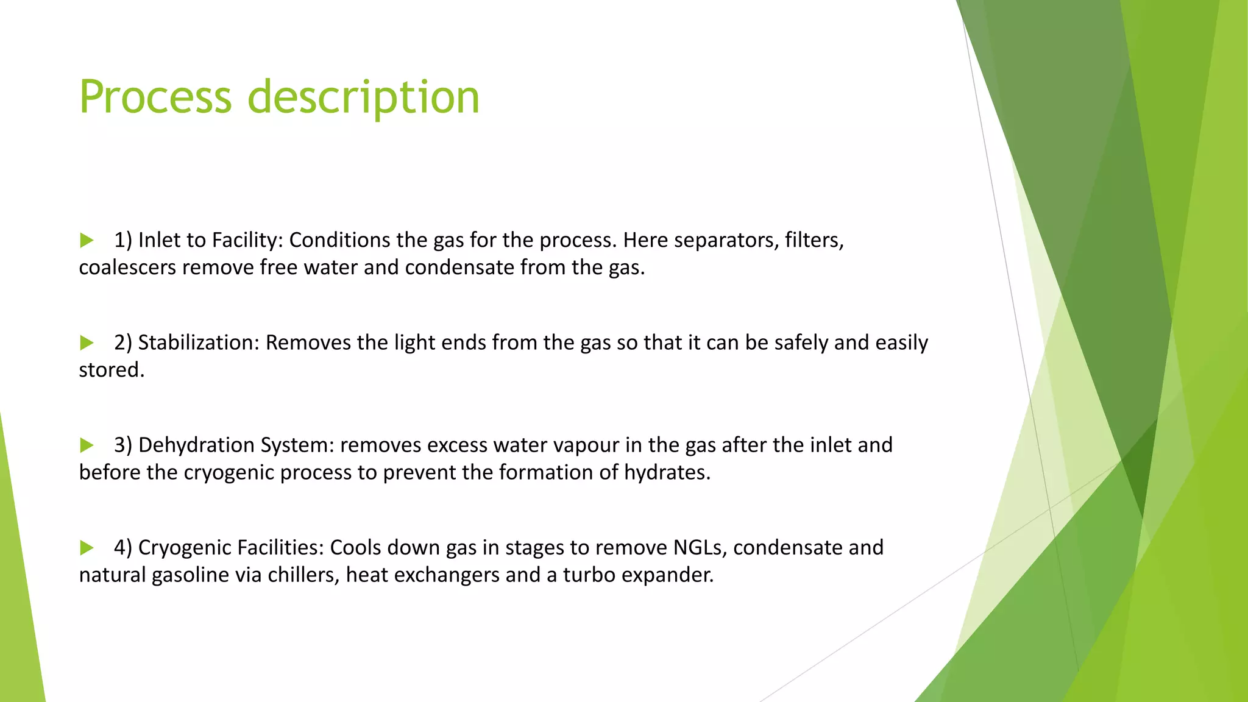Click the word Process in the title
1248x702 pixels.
click(x=155, y=97)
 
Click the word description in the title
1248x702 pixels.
click(x=364, y=97)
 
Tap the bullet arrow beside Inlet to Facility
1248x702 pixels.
click(x=87, y=240)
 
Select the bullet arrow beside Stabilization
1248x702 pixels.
click(x=87, y=342)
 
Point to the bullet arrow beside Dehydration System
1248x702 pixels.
click(x=87, y=445)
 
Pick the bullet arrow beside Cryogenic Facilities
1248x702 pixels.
click(x=87, y=547)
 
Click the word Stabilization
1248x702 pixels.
click(x=199, y=342)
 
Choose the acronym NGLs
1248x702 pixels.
click(x=700, y=547)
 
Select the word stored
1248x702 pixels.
click(x=112, y=370)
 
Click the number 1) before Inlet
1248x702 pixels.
click(x=123, y=240)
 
